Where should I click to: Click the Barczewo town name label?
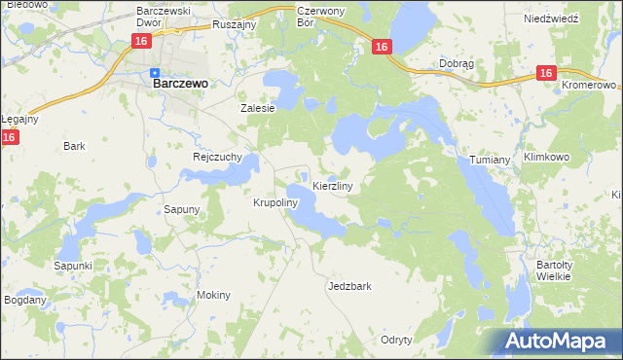(x=180, y=84)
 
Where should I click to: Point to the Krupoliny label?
(x=275, y=203)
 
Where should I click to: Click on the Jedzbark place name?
(x=350, y=287)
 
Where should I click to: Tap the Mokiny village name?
(x=213, y=295)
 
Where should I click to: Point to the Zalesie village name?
(x=258, y=109)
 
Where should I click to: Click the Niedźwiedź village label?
(x=551, y=18)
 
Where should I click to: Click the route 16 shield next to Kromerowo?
(x=545, y=74)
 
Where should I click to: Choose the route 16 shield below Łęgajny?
(x=9, y=138)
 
